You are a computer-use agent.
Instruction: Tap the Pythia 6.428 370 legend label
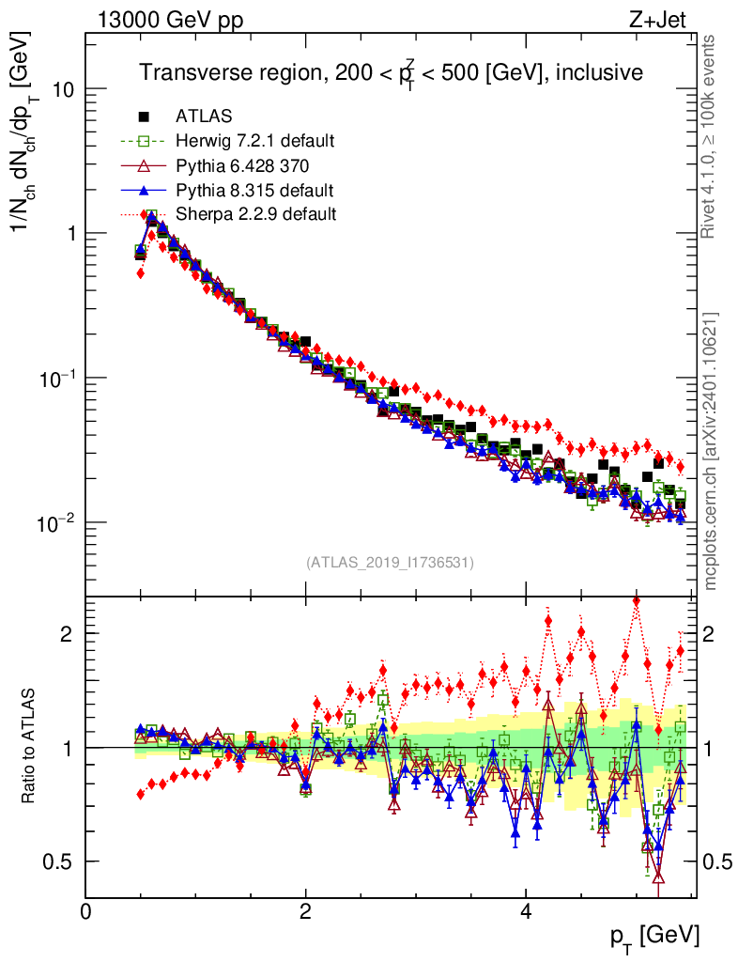tap(242, 165)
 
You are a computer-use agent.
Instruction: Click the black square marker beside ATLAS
tap(144, 116)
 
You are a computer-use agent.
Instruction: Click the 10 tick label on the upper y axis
tap(62, 89)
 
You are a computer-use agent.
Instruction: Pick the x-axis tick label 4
tap(526, 911)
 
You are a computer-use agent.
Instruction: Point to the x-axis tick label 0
tap(86, 911)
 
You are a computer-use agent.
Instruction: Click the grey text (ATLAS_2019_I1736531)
tap(390, 563)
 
